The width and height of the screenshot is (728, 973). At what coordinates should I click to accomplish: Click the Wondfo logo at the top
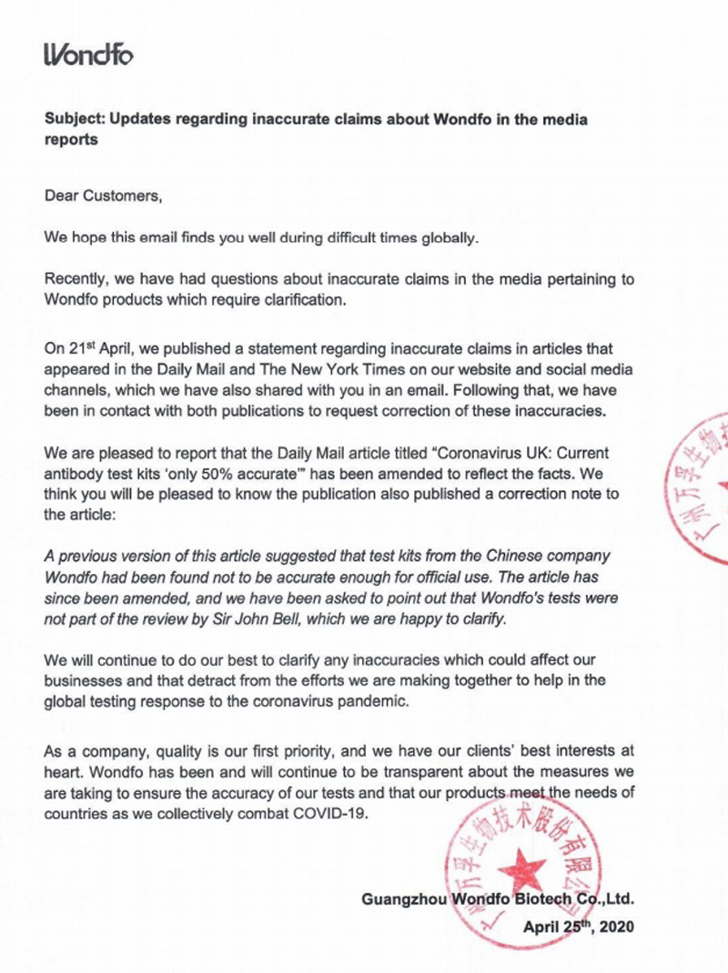[x=88, y=55]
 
